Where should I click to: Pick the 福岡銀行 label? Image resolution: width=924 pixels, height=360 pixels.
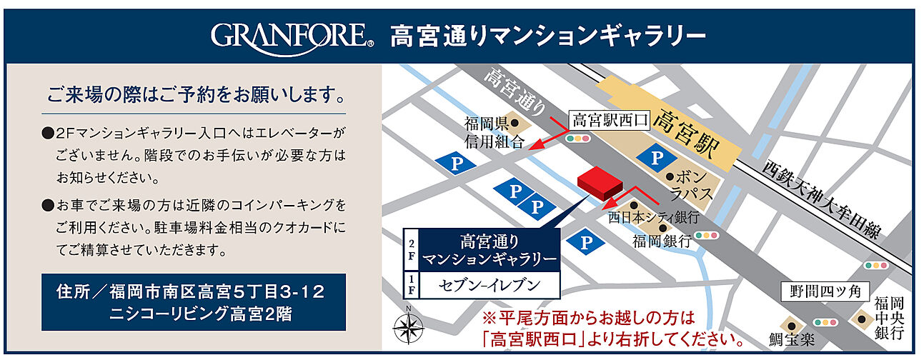coord(662,241)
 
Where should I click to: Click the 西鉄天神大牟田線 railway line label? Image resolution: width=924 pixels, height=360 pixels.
coord(822,199)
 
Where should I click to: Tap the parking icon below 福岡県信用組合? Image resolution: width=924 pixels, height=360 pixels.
coord(449,162)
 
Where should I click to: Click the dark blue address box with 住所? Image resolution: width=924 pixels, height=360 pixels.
coord(193,302)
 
